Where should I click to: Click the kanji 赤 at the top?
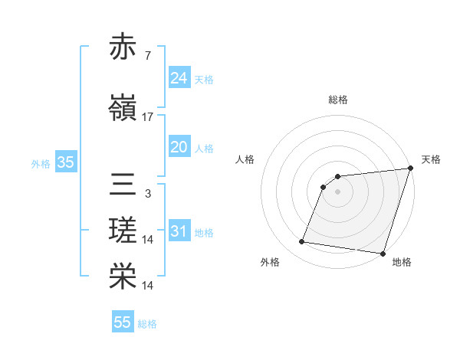tap(123, 47)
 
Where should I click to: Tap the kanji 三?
tap(123, 185)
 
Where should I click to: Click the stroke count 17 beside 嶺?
tap(148, 117)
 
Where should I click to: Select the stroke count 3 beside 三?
tap(148, 194)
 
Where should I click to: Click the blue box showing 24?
tap(179, 78)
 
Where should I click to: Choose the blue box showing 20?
tap(179, 147)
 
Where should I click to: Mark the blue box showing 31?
tap(179, 231)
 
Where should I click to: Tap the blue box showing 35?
tap(65, 162)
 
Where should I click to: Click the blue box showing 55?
tap(123, 322)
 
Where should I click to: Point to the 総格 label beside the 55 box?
tap(148, 324)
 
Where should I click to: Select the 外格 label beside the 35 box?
tap(41, 163)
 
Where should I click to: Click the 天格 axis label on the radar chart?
tap(431, 159)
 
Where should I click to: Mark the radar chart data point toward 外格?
tap(302, 242)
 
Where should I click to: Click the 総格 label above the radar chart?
tap(338, 100)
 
